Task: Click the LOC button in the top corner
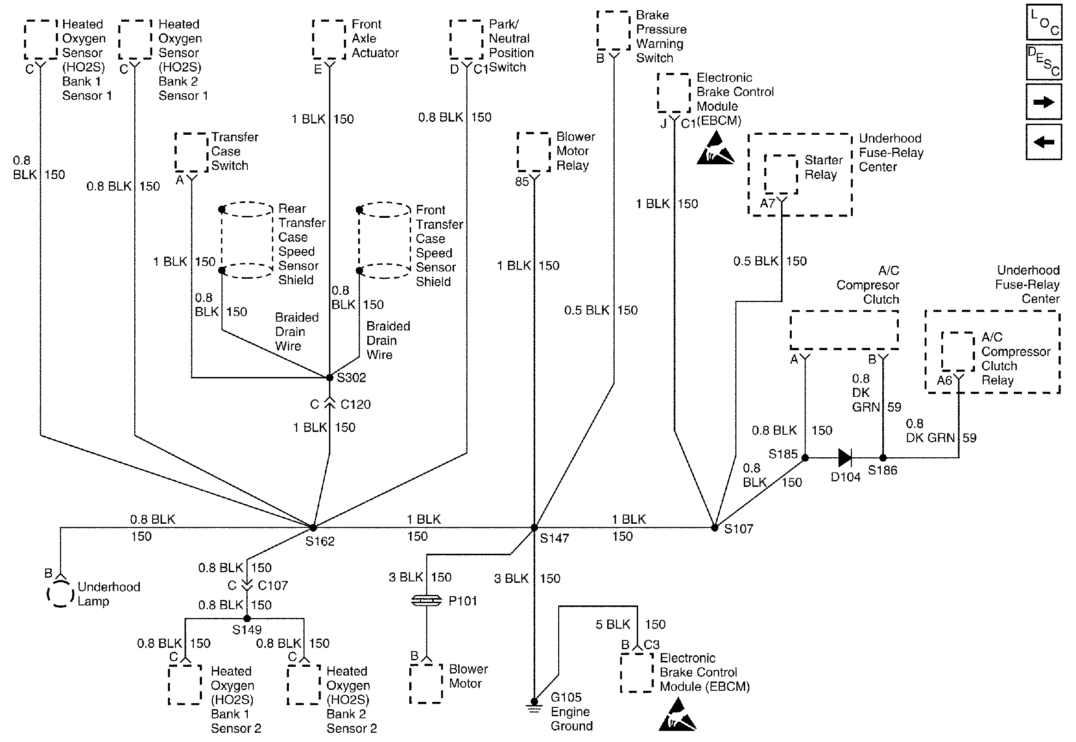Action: (1043, 22)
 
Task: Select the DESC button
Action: (1043, 62)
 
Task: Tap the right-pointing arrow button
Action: (1043, 102)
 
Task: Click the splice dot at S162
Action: (313, 528)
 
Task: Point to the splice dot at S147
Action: (534, 528)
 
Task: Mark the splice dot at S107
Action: (715, 528)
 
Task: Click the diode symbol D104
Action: (844, 458)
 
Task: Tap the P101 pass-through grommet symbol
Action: (426, 601)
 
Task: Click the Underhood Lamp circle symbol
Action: (60, 594)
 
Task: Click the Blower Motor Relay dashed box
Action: (534, 151)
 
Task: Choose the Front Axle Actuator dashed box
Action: (329, 40)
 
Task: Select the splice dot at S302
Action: (329, 377)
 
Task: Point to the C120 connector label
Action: (356, 405)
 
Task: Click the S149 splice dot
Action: (247, 618)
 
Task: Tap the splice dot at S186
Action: (883, 458)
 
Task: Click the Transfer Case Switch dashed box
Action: (191, 152)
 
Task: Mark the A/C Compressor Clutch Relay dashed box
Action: (958, 352)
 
